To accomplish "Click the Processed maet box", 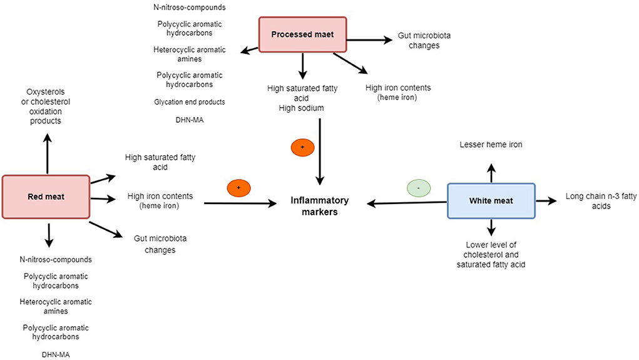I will [x=303, y=34].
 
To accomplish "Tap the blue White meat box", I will [x=491, y=200].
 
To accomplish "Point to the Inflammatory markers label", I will [x=319, y=206].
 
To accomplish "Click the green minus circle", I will [x=419, y=187].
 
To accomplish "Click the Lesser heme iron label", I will [x=491, y=145].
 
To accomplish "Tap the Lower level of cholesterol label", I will [x=491, y=255].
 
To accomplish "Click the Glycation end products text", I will [x=189, y=101].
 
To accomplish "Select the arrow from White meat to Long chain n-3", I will [x=545, y=200].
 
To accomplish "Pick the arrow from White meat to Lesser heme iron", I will [x=491, y=172].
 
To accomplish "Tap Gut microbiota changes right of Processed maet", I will [x=424, y=41].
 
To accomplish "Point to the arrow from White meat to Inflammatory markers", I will [x=407, y=202].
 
